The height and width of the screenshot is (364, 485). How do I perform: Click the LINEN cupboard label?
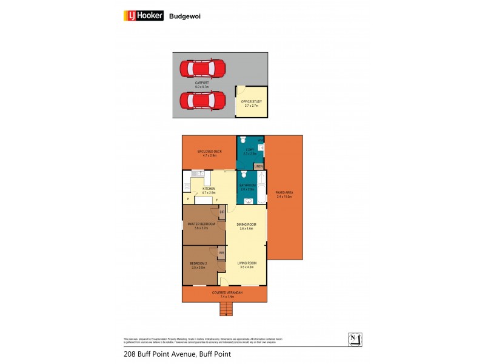[x=258, y=165]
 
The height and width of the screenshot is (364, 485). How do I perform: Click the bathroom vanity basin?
[x=248, y=200]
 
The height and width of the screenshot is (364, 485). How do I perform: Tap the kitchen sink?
[x=196, y=174]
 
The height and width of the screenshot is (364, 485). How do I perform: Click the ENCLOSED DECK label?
[x=209, y=151]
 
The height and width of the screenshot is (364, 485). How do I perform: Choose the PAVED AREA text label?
[x=284, y=194]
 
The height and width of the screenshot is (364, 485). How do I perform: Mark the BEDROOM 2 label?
[x=199, y=263]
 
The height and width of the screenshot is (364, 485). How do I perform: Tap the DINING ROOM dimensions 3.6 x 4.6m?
[x=247, y=229]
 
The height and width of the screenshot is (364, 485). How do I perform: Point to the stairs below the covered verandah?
[x=226, y=309]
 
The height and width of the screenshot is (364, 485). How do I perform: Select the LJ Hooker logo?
[x=144, y=16]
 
